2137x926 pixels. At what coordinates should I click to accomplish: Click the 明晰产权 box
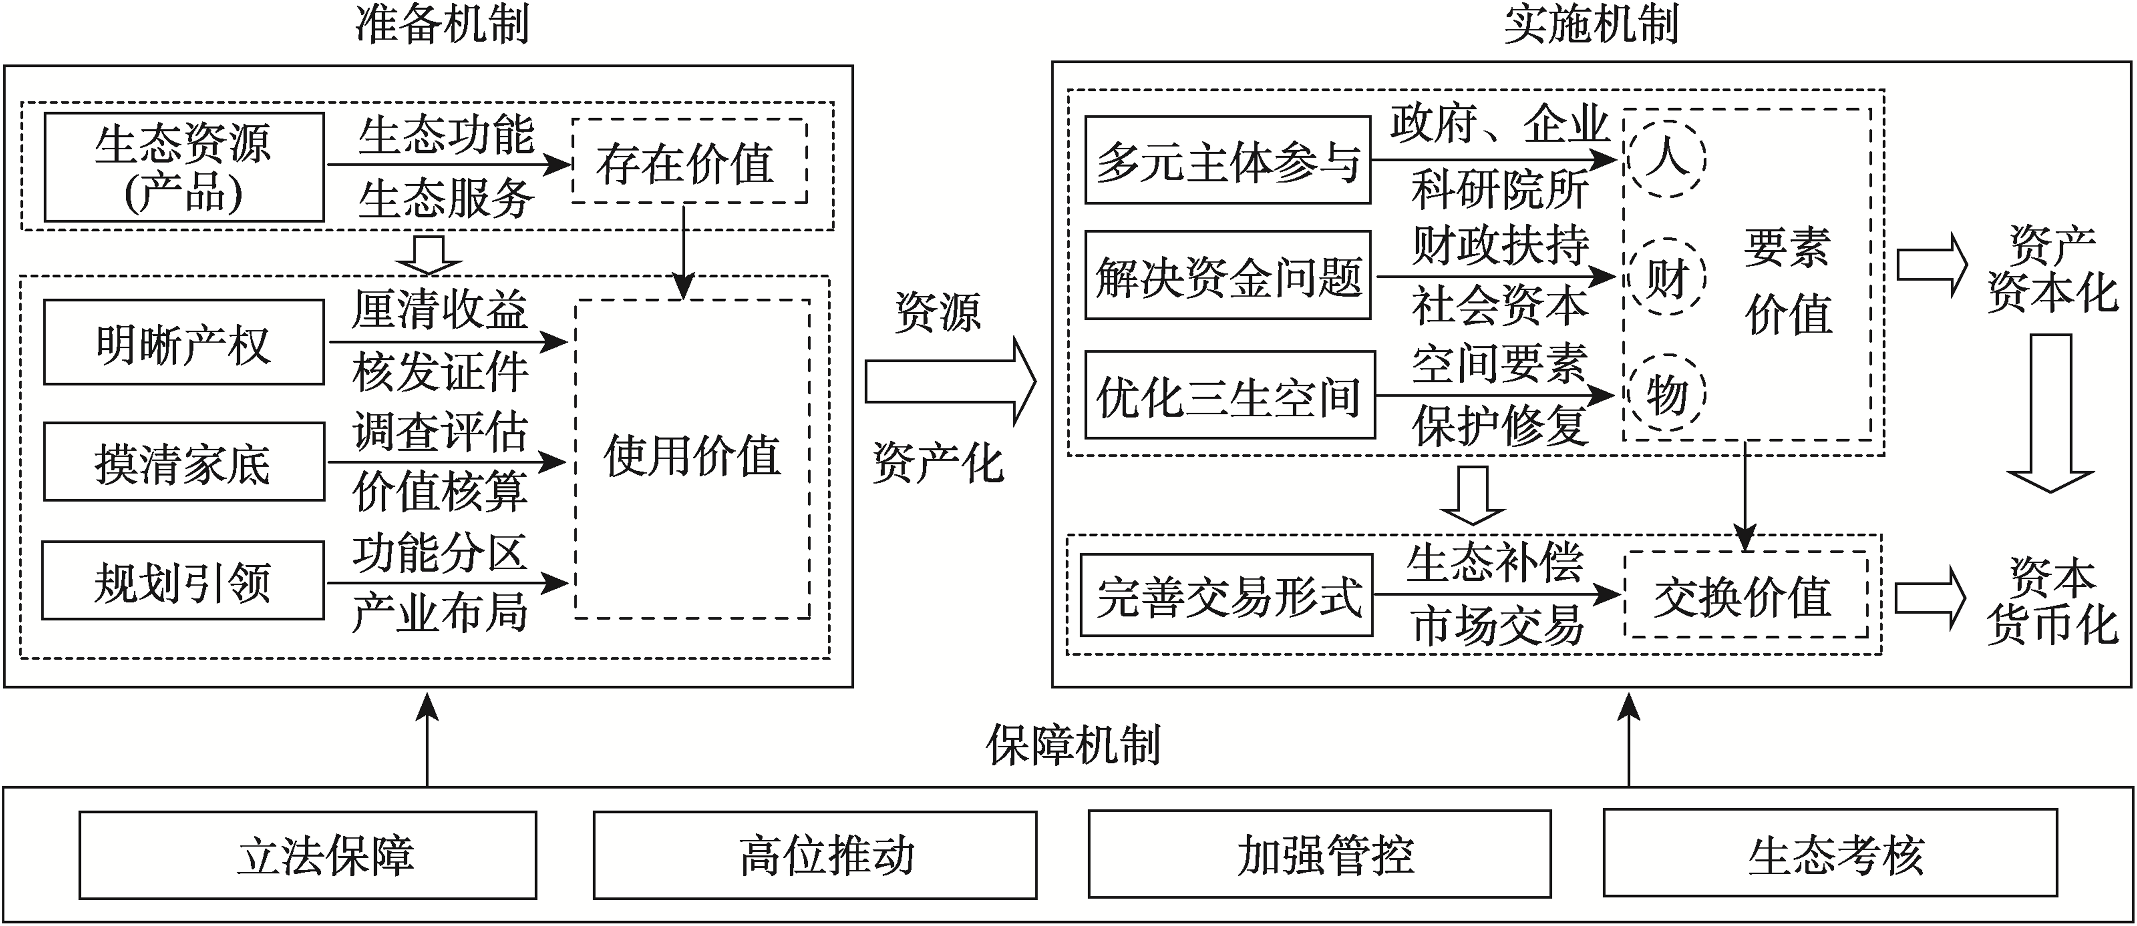(x=183, y=342)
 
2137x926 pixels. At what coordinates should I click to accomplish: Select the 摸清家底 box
(x=183, y=462)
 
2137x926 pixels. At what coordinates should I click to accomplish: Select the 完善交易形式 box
(x=1227, y=595)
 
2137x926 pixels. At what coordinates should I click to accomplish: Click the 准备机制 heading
(x=442, y=25)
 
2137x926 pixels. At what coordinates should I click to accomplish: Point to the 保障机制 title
(x=1073, y=744)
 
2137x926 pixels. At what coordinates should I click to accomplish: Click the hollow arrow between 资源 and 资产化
(x=951, y=381)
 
